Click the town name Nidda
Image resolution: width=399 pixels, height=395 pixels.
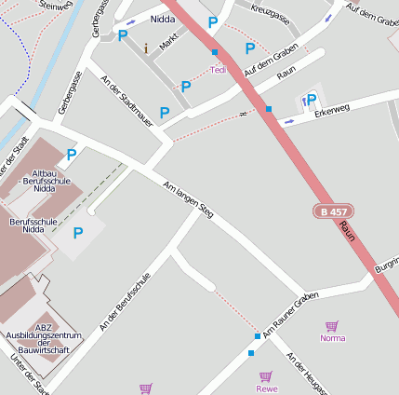pos(163,19)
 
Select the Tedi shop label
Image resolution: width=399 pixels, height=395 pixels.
pos(219,70)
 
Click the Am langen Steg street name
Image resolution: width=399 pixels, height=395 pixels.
pos(188,199)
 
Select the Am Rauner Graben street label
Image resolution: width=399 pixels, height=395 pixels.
pos(289,315)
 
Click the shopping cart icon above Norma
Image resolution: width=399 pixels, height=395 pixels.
pos(332,326)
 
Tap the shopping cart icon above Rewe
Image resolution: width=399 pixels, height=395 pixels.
pos(266,376)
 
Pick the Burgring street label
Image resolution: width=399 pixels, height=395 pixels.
pos(386,271)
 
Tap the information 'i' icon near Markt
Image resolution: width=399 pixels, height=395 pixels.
pos(146,48)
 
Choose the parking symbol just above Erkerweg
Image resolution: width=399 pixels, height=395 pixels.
pos(312,100)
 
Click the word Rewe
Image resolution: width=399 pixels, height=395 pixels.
pos(267,388)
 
